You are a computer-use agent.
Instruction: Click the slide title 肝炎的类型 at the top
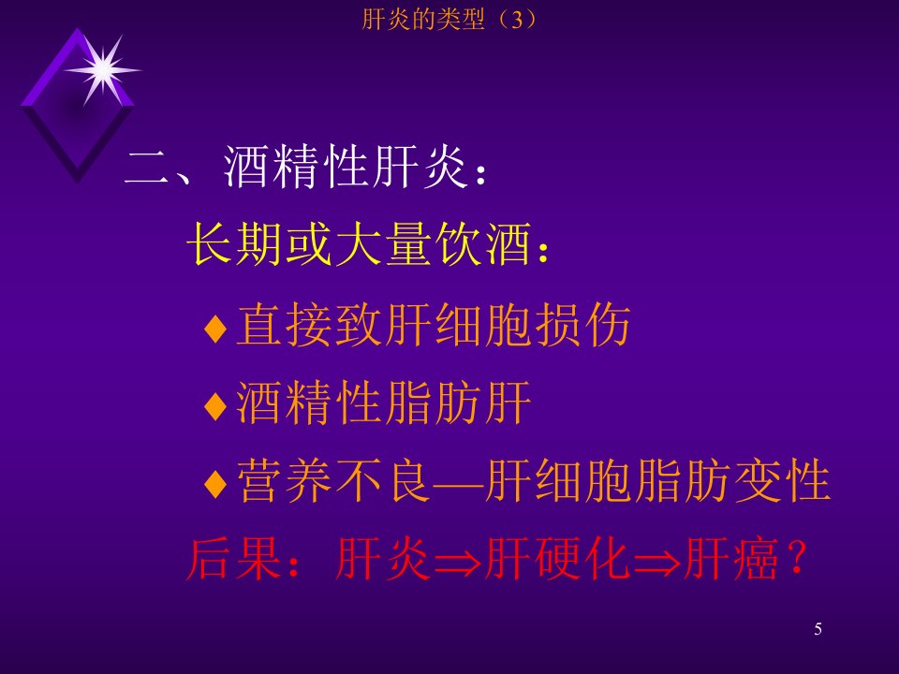click(423, 20)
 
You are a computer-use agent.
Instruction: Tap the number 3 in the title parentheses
click(517, 21)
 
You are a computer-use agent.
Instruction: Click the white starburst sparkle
click(103, 70)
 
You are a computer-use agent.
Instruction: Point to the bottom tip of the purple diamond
click(78, 183)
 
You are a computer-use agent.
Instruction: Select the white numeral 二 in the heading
click(147, 168)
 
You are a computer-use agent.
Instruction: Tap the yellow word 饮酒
click(482, 244)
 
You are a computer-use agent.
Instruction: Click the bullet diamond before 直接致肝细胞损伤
click(215, 329)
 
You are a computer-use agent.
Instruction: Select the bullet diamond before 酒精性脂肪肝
click(215, 405)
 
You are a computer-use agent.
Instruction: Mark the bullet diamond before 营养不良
click(215, 484)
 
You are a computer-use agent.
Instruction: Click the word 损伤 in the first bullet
click(582, 325)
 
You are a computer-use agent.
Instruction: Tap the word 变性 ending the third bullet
click(782, 480)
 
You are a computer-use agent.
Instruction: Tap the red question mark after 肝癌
click(797, 557)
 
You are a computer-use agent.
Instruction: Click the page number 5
click(818, 629)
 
